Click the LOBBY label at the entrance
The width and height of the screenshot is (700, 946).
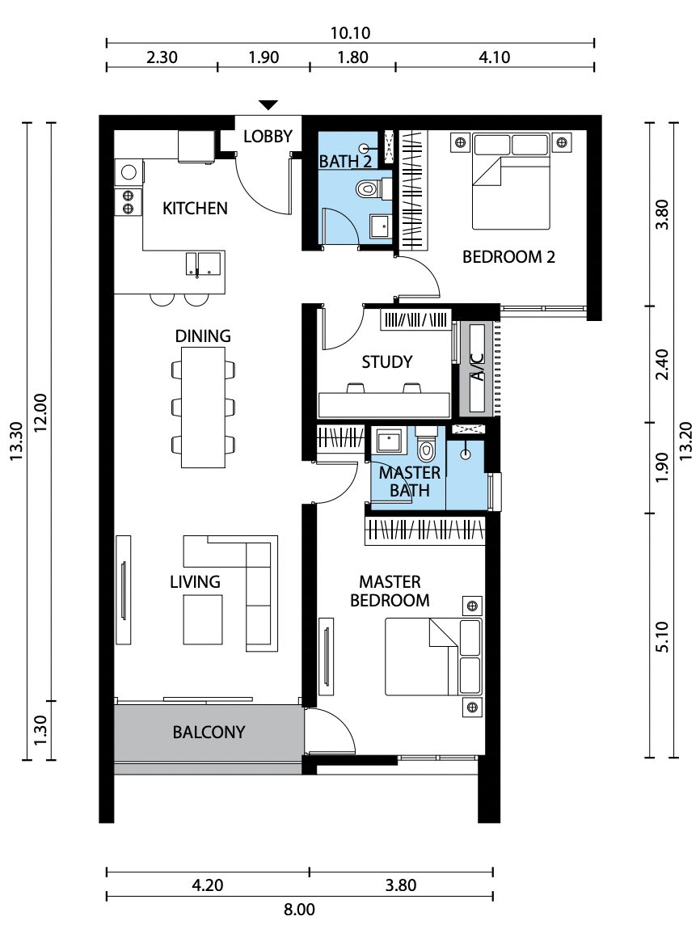268,137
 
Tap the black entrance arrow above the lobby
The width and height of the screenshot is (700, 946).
268,105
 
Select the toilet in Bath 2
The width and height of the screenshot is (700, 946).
367,189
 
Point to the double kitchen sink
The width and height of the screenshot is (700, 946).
203,264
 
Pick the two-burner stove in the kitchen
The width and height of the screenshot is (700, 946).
128,202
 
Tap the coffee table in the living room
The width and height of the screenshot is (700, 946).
203,619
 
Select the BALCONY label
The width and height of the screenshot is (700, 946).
209,733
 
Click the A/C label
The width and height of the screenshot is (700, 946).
477,367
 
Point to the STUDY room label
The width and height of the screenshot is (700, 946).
387,362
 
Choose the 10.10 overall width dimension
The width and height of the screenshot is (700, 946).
350,32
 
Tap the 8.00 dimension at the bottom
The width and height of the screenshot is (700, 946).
300,909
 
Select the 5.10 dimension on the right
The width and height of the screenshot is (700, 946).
662,636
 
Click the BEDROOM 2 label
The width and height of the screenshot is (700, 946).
508,257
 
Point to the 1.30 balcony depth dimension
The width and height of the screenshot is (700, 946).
40,731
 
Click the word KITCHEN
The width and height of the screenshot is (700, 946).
195,209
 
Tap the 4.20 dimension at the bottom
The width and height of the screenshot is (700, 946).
208,885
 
